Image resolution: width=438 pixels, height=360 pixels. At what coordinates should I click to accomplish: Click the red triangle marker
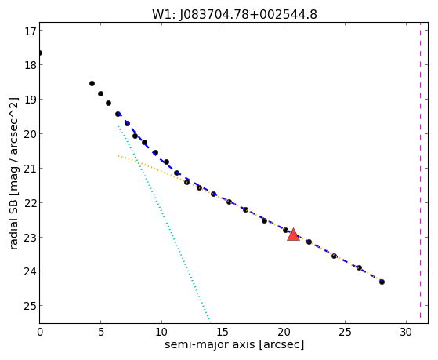click(x=293, y=235)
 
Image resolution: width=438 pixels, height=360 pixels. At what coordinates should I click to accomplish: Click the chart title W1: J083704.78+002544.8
click(x=234, y=14)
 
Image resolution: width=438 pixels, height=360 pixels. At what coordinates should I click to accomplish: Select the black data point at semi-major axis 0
click(x=40, y=53)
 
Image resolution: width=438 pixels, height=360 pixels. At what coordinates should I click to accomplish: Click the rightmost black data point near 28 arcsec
click(x=382, y=282)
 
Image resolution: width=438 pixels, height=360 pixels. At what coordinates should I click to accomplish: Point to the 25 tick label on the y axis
click(x=31, y=306)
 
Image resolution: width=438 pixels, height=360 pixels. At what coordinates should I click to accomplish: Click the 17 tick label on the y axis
click(x=31, y=31)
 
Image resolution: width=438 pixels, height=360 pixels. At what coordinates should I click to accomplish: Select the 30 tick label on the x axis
click(x=406, y=332)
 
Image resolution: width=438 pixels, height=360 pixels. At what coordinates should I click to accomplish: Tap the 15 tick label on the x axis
click(x=223, y=332)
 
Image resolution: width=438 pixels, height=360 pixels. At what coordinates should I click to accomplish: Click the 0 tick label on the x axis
click(x=40, y=332)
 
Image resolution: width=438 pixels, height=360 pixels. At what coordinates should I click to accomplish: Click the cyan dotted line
click(x=164, y=224)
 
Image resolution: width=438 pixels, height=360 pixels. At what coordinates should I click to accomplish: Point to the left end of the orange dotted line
click(x=118, y=155)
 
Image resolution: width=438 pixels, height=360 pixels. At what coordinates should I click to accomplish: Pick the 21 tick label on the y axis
click(x=31, y=169)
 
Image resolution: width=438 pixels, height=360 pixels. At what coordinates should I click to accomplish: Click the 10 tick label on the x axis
click(x=161, y=332)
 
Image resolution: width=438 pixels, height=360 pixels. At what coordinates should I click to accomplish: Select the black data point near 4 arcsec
click(x=92, y=83)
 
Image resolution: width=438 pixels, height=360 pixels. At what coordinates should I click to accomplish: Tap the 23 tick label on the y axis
click(x=31, y=238)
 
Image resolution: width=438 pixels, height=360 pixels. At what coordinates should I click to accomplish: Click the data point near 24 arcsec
click(x=334, y=256)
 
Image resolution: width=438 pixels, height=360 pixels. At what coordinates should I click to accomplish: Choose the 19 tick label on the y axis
click(x=31, y=100)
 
